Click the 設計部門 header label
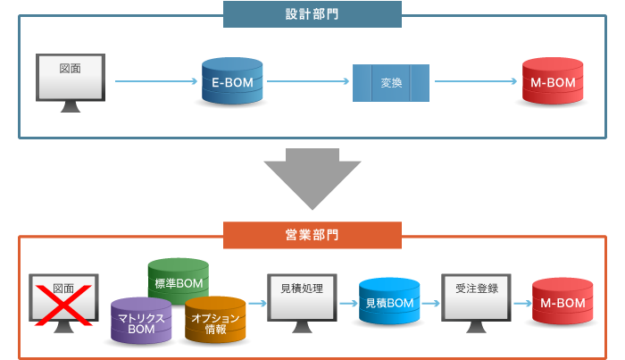coord(312,14)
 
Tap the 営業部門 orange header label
coord(312,236)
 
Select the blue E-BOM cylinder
coord(232,82)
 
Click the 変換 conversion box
coord(391,83)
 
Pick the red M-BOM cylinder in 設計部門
coord(552,82)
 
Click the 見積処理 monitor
coord(302,297)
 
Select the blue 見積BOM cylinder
coord(389,304)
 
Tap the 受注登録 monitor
coord(477,297)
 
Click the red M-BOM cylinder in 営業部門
coord(562,304)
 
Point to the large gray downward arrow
coord(312,180)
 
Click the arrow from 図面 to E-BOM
coord(155,82)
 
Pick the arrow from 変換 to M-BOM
coord(476,82)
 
